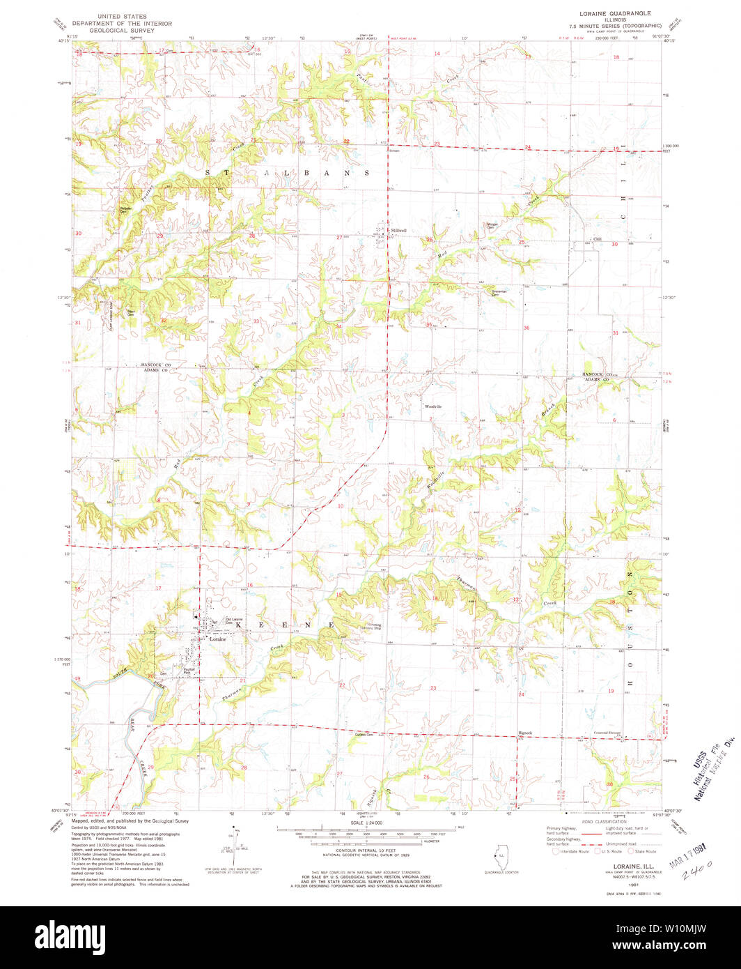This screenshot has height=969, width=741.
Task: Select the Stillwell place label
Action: coord(398,230)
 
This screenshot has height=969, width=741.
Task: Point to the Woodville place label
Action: coord(434,406)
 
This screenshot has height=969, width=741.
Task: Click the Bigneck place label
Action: coord(525,733)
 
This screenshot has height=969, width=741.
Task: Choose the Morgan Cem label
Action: coord(493,225)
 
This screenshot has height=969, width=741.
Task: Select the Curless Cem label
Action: coord(364,735)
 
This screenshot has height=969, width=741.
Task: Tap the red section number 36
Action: coord(526,328)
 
